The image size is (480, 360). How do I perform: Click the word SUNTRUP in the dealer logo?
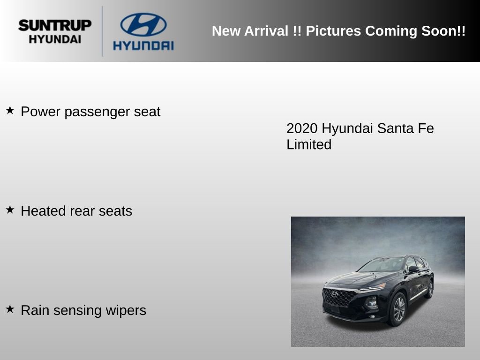point(55,25)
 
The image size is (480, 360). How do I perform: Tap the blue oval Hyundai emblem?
point(143,24)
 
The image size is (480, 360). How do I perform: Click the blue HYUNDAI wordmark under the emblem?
point(143,45)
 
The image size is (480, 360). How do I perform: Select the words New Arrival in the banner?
point(249,31)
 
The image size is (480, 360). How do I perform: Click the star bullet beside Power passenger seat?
point(10,110)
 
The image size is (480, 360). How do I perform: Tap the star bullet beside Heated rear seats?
point(10,210)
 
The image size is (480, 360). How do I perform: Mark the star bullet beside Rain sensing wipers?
point(10,309)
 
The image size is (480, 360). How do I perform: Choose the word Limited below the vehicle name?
point(309,144)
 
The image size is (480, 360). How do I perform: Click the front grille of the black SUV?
point(338,297)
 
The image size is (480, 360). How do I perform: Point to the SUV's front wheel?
point(397,309)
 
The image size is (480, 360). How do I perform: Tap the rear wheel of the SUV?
point(429,289)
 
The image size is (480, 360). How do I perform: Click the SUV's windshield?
point(382,265)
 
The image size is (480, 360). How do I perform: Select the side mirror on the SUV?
point(413,269)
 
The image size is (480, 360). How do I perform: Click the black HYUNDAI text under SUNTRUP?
point(55,39)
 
